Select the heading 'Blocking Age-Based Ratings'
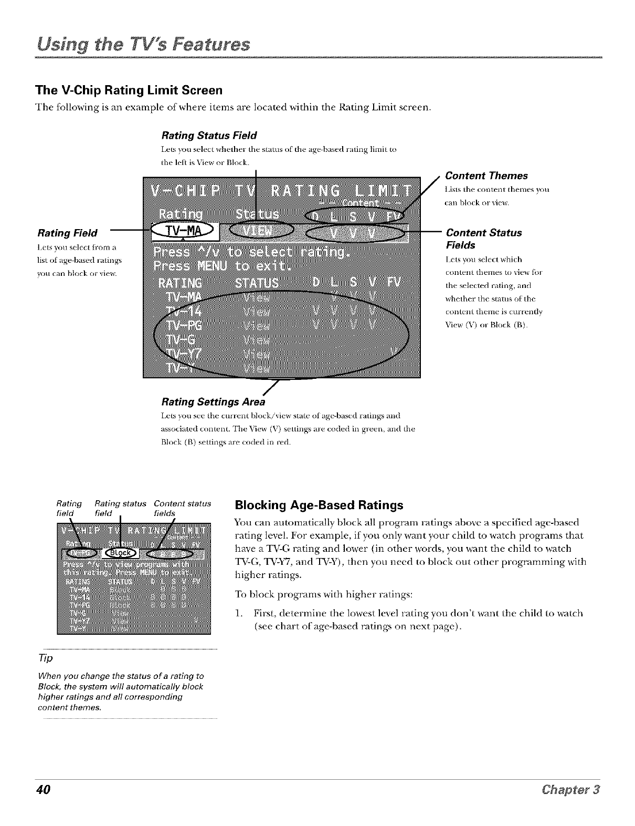pyautogui.click(x=319, y=505)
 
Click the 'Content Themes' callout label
pyautogui.click(x=486, y=176)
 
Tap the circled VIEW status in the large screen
pyautogui.click(x=260, y=232)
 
